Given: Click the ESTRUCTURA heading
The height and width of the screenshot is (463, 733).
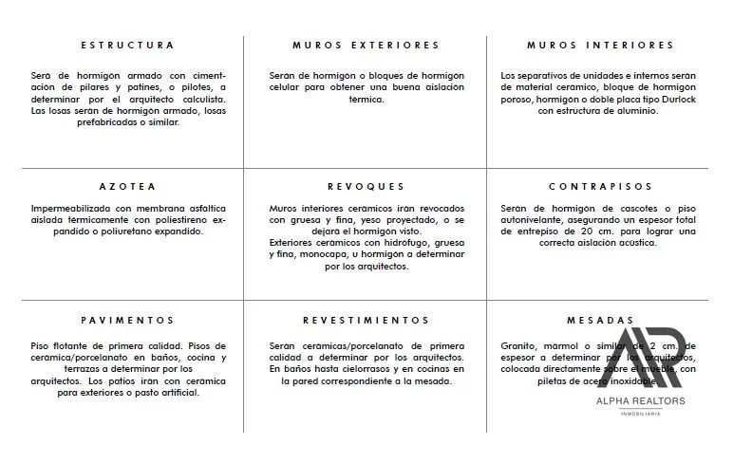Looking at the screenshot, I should coord(127,46).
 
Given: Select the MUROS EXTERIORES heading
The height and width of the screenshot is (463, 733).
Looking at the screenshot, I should coord(366,46).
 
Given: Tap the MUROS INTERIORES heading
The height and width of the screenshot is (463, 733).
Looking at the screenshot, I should coord(600,46).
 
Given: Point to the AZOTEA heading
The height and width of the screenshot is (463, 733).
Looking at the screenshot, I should coord(127,187).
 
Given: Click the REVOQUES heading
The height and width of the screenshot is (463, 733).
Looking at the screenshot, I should coord(366,187).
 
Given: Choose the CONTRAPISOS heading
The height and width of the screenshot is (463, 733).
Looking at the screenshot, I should coord(600,187).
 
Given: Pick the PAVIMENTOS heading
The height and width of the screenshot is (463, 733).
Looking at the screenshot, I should coord(127,321).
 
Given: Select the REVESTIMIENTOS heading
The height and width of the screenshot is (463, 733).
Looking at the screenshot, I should coord(366,321).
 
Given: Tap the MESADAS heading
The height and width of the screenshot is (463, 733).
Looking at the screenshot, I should coord(600,321).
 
